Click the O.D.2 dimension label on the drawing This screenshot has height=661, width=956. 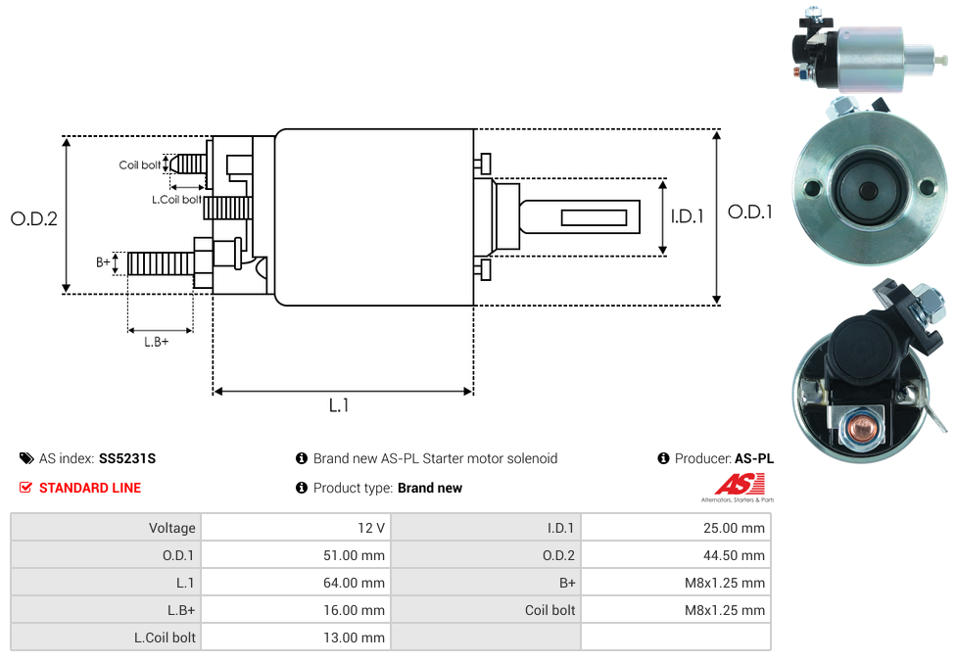(x=34, y=218)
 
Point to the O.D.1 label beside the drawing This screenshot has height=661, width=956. (x=750, y=212)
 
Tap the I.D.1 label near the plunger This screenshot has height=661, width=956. (x=687, y=216)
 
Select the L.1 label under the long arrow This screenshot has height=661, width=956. (x=339, y=404)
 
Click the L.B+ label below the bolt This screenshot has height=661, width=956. (x=156, y=342)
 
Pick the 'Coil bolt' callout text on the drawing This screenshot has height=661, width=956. (x=139, y=165)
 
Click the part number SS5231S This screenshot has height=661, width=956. (x=127, y=458)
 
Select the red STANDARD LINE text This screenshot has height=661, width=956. (x=90, y=488)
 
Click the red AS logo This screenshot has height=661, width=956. (x=735, y=484)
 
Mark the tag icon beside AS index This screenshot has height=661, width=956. (x=26, y=458)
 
